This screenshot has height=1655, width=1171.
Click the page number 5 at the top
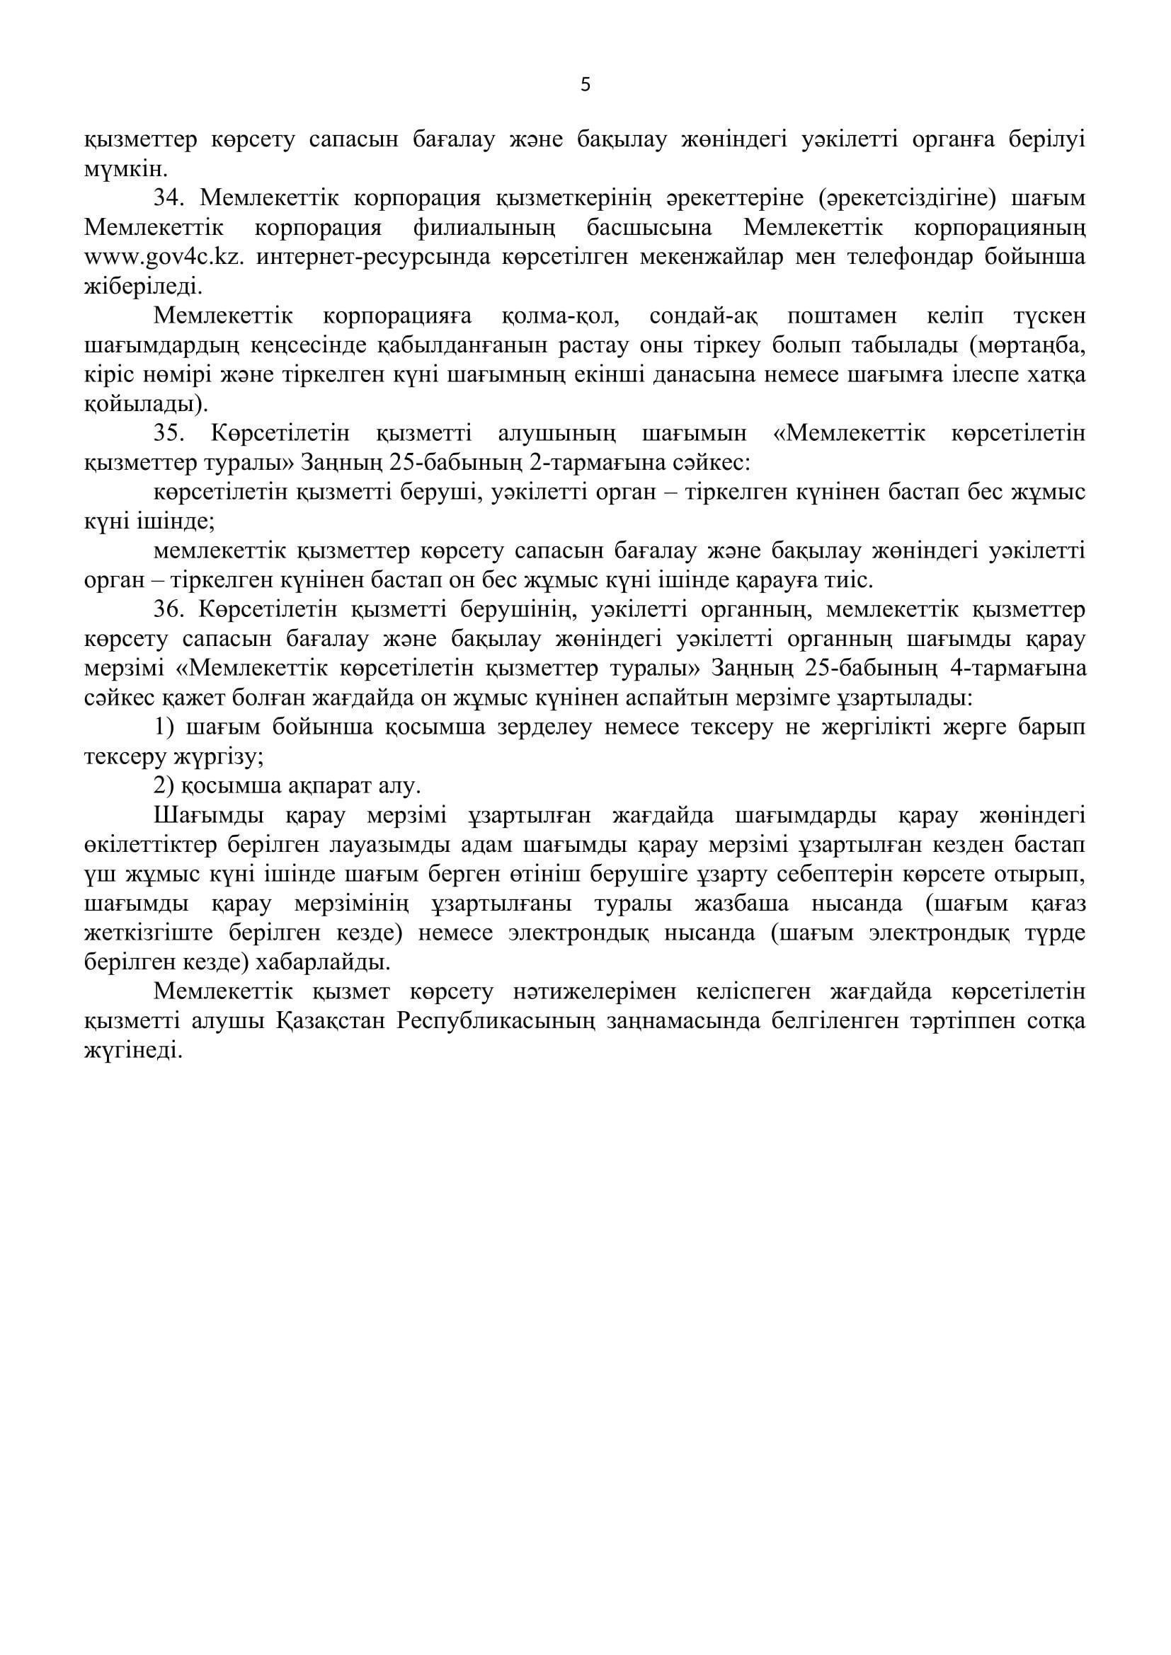pyautogui.click(x=585, y=85)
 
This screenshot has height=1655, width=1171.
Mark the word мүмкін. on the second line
pyautogui.click(x=125, y=169)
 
